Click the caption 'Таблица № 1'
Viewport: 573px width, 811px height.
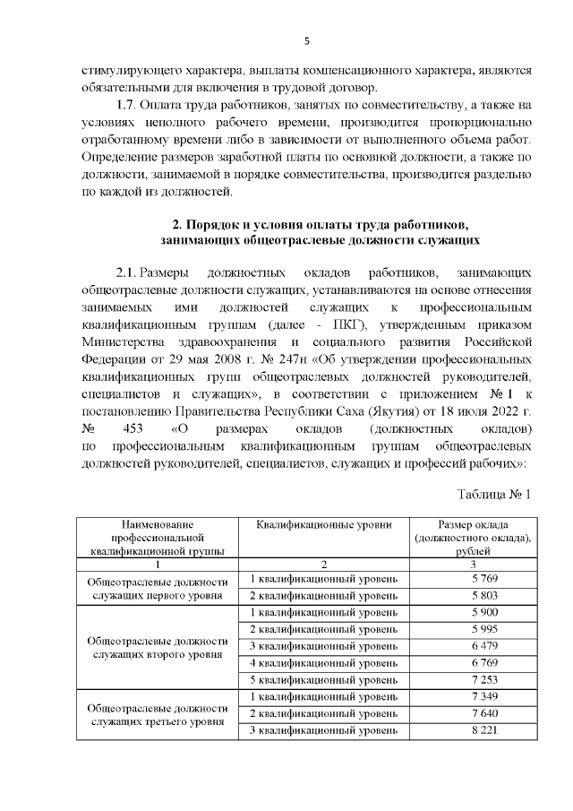[x=494, y=495]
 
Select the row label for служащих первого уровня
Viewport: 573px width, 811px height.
[x=157, y=588]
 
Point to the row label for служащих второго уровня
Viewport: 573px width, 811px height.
[x=157, y=647]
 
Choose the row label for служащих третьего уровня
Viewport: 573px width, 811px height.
[x=157, y=714]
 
